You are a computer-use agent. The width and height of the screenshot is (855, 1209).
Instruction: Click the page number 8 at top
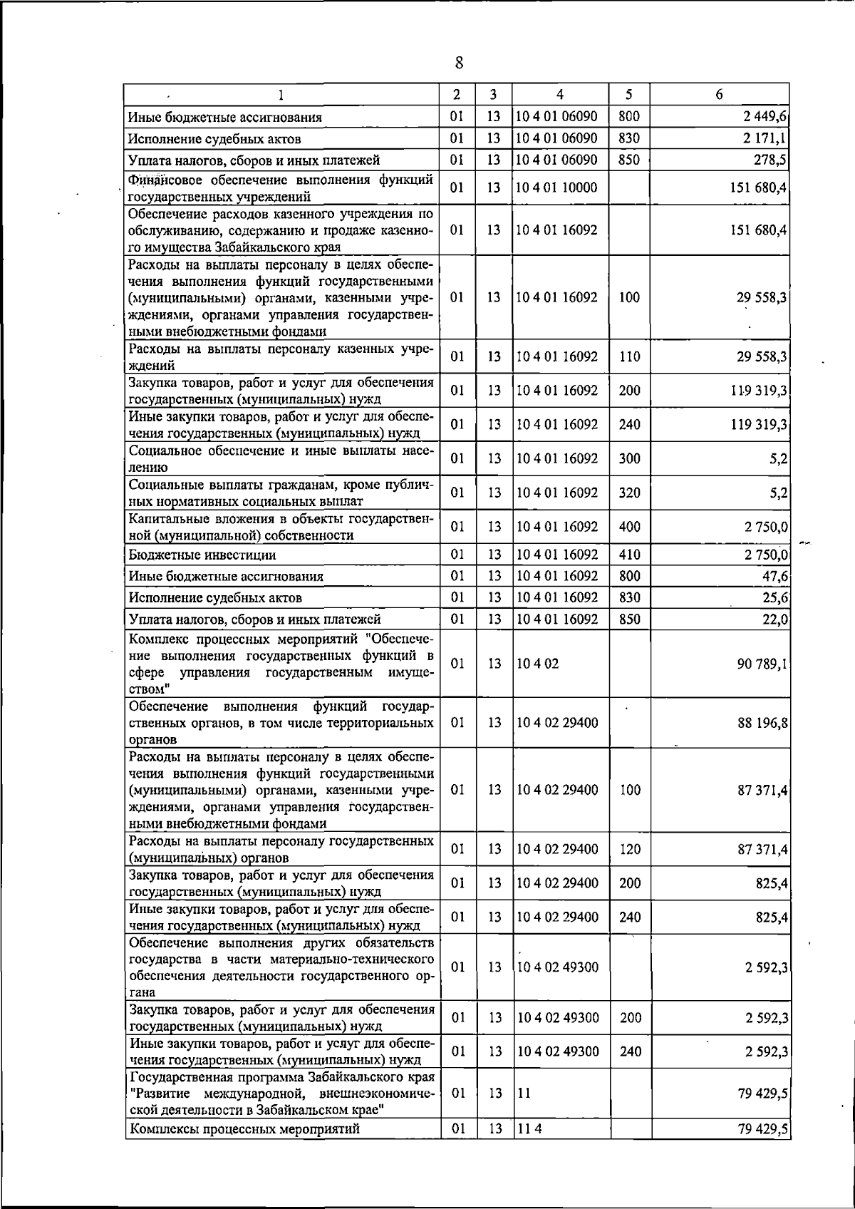459,63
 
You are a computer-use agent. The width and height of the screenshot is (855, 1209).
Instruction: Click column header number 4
560,94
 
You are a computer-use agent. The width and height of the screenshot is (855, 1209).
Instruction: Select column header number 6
720,94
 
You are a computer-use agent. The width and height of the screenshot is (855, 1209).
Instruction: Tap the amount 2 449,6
765,117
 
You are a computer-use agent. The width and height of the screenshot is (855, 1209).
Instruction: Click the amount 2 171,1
765,138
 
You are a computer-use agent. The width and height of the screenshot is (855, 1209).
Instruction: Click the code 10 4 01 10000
557,187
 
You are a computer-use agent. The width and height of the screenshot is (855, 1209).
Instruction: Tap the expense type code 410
629,555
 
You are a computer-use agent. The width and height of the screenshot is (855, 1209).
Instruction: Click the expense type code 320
629,493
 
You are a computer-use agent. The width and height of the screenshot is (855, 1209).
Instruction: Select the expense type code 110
629,356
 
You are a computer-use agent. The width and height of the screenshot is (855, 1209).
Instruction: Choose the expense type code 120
630,849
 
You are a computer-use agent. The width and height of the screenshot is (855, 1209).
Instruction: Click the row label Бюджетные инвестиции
202,555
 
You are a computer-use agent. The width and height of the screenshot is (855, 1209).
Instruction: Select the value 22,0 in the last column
774,619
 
